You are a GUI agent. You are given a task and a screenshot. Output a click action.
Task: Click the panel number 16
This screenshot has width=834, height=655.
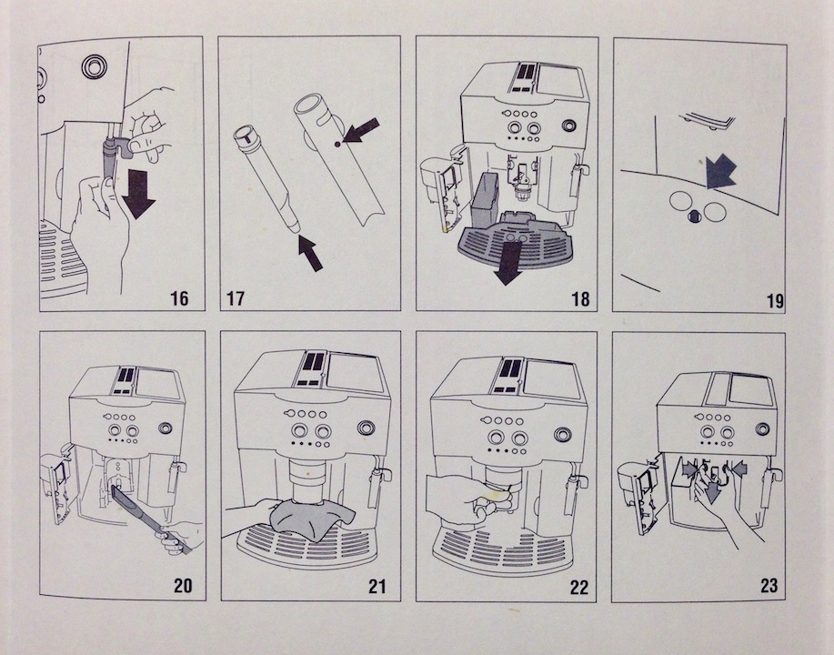coord(179,297)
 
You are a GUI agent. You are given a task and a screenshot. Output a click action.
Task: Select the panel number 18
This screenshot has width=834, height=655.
coord(571,297)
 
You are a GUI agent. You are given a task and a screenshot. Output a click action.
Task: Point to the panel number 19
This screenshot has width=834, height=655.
coord(769,297)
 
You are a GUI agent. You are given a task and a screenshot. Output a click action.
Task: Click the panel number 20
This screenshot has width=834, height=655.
coord(185,586)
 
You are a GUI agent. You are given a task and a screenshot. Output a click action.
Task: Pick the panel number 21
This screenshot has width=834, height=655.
coord(377,586)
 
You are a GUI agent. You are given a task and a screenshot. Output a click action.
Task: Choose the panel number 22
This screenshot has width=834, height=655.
coord(571,586)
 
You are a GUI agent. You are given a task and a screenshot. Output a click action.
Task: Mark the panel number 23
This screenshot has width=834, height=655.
coord(769,586)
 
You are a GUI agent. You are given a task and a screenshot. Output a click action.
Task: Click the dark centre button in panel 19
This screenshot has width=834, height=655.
coord(694,214)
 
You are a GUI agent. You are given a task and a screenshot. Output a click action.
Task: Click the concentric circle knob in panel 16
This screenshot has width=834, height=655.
coord(92,65)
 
